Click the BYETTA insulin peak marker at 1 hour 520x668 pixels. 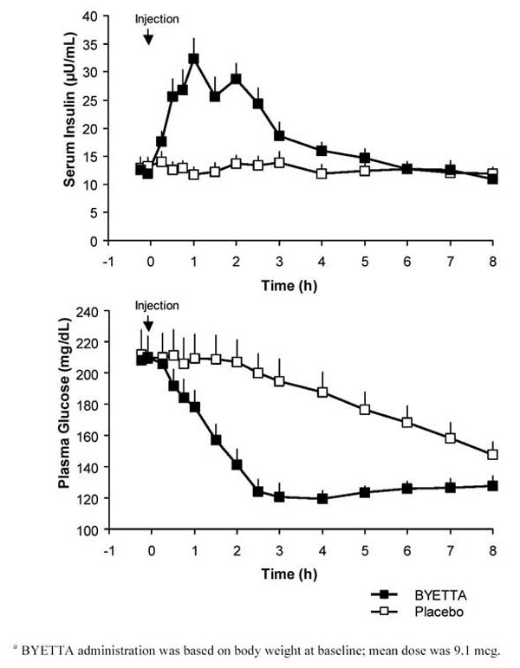coord(193,59)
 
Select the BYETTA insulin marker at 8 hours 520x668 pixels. coord(492,178)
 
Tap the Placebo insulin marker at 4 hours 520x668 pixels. coord(322,173)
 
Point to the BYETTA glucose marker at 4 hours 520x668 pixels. coord(322,498)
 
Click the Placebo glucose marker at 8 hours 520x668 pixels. coord(492,454)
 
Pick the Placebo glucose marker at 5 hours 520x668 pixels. coord(364,410)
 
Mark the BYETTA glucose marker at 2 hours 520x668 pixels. coord(236,464)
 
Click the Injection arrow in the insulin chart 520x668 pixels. coord(148,36)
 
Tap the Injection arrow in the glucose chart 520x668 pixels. coord(148,323)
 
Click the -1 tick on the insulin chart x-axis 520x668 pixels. coord(108,257)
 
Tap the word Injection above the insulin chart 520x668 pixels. coord(156,17)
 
